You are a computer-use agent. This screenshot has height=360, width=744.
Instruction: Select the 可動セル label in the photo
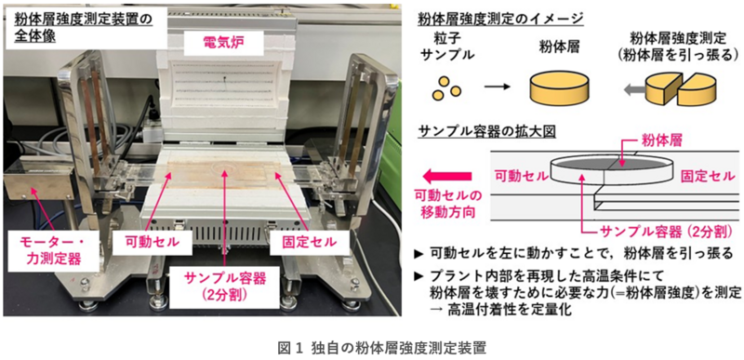pos(153,243)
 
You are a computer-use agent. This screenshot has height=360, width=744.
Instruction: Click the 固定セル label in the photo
pos(303,242)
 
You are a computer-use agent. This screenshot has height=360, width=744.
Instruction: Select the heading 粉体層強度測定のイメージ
pos(500,19)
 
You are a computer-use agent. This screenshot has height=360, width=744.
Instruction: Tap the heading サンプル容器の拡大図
pos(486,131)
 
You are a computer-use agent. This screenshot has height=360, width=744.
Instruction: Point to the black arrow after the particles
pos(498,87)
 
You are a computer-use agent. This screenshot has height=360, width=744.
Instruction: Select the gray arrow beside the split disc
pos(632,89)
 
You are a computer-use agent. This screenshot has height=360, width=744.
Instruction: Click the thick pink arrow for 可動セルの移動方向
pos(447,177)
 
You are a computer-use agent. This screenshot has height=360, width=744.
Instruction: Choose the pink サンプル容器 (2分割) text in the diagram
pos(663,232)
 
